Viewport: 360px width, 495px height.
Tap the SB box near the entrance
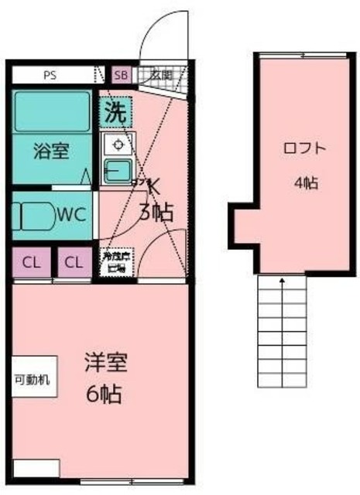pyautogui.click(x=122, y=75)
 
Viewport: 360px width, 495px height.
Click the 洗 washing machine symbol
pyautogui.click(x=115, y=111)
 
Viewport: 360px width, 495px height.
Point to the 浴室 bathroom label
pyautogui.click(x=50, y=151)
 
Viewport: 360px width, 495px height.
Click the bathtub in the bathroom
pyautogui.click(x=51, y=111)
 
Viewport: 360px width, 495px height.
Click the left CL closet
pyautogui.click(x=30, y=262)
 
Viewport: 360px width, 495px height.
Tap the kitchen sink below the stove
pyautogui.click(x=118, y=171)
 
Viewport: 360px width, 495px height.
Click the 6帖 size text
pyautogui.click(x=103, y=394)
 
